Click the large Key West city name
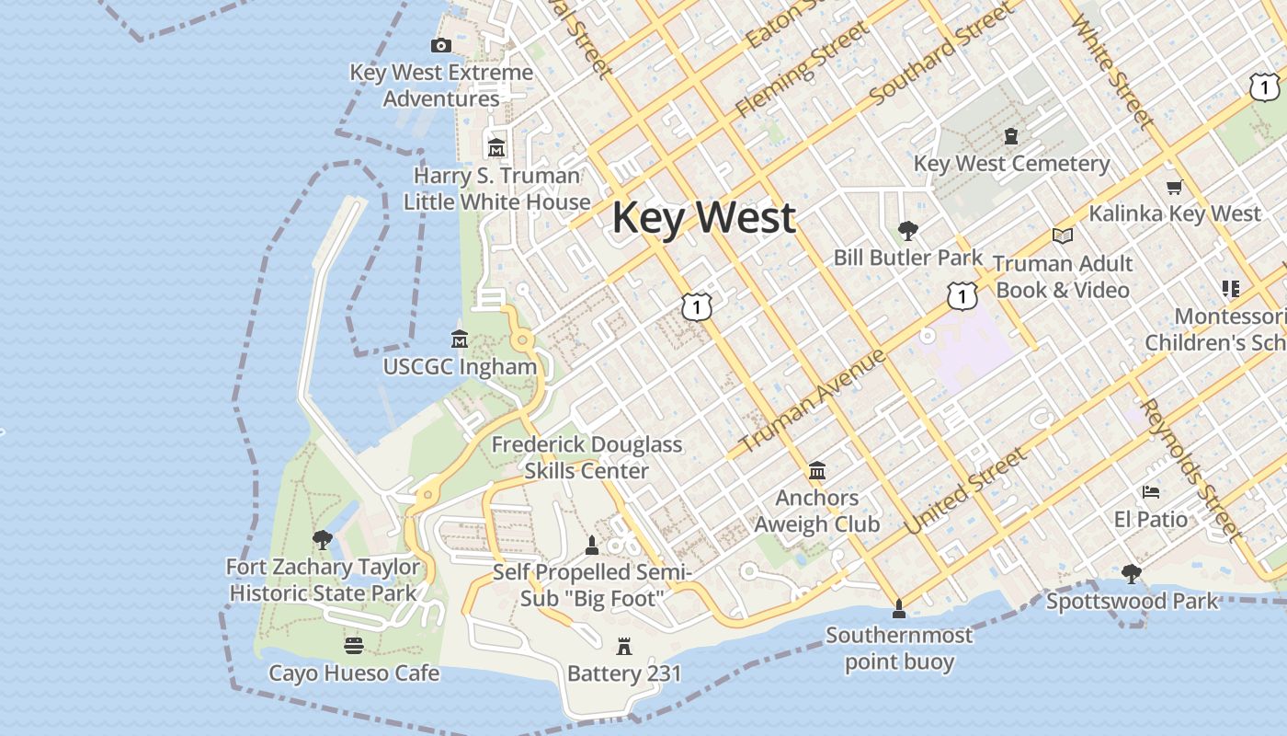[703, 218]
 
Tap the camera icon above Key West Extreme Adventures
[441, 45]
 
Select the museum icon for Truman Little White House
[496, 147]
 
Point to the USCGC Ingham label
[460, 366]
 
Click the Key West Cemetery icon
[1011, 136]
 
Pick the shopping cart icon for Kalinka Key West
[1174, 188]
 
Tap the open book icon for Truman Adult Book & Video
[1063, 236]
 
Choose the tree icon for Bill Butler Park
[908, 230]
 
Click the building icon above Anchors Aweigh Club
[816, 472]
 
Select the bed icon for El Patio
[1150, 492]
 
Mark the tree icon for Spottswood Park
[1132, 574]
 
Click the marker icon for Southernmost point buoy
[899, 608]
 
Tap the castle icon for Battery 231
[624, 647]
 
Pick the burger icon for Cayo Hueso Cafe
[353, 646]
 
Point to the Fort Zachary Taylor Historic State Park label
[323, 581]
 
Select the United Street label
[965, 491]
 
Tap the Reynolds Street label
[1190, 468]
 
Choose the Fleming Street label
[802, 71]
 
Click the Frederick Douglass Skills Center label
[587, 457]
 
